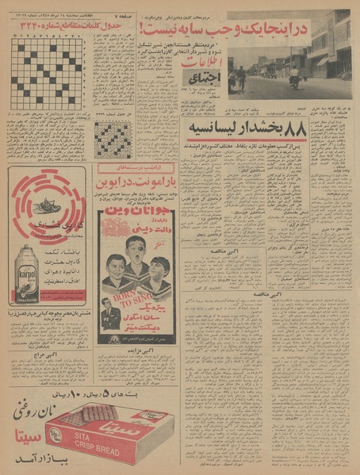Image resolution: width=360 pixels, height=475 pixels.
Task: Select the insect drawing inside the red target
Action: pyautogui.click(x=49, y=205)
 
